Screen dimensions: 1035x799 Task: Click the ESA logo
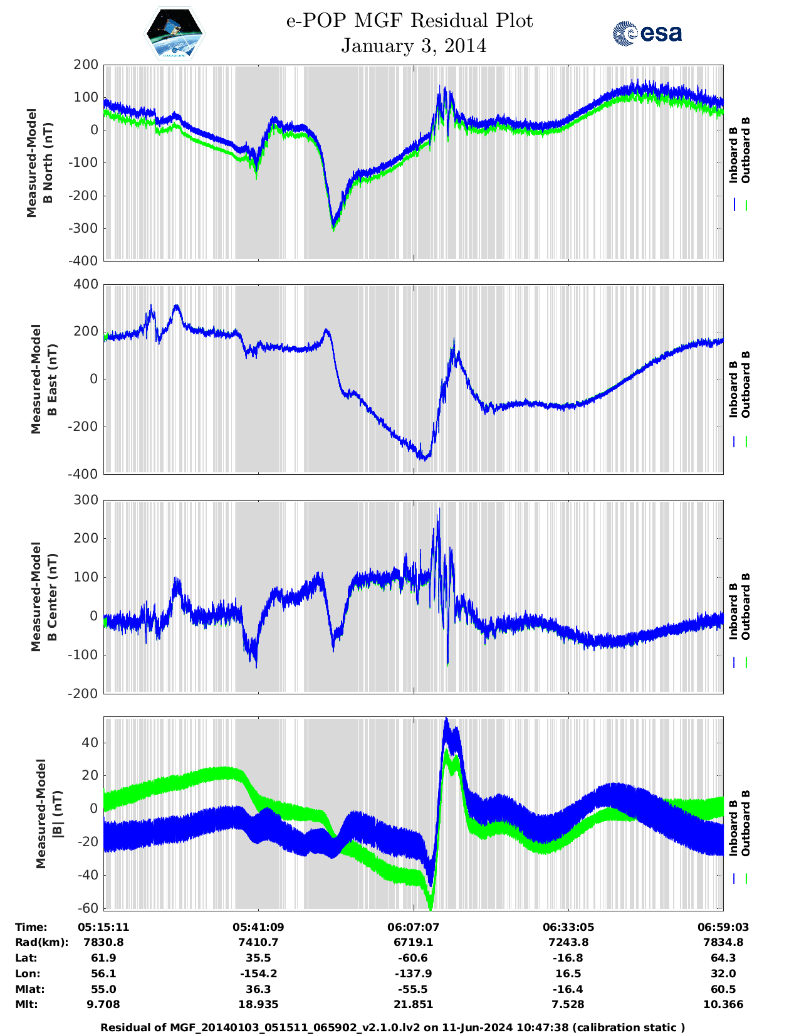point(647,33)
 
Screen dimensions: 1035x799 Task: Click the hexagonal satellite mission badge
point(175,33)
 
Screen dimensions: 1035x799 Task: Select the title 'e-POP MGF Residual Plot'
point(410,21)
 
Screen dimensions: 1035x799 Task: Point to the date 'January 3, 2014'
point(414,46)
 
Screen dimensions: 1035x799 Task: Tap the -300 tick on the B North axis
point(85,228)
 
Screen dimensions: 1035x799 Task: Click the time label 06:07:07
point(414,927)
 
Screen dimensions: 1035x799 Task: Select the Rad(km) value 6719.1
point(414,942)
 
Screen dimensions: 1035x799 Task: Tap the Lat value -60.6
point(414,958)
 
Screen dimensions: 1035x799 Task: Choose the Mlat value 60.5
point(723,989)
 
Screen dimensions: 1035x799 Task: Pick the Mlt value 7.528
point(568,1004)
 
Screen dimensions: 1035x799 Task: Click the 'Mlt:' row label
point(26,1004)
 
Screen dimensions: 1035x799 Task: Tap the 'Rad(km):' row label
point(41,942)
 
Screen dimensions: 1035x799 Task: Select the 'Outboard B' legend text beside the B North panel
point(745,151)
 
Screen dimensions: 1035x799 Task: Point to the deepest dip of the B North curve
point(333,229)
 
